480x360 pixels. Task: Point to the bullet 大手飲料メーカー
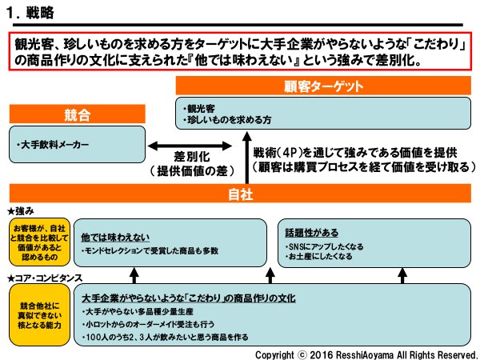click(x=54, y=145)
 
